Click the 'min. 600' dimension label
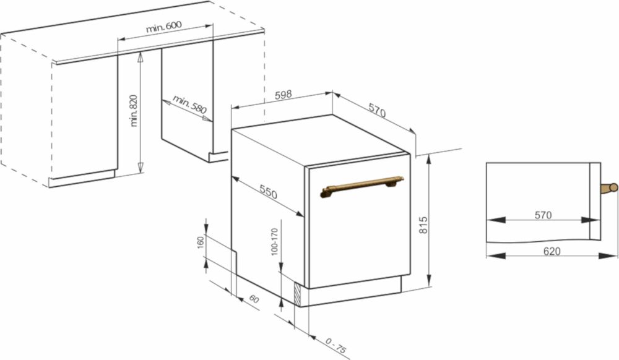(x=164, y=27)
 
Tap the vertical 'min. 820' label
(x=134, y=110)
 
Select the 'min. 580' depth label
(x=189, y=104)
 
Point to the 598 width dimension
(x=283, y=95)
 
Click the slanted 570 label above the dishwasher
(x=377, y=110)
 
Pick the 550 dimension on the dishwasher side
(x=269, y=192)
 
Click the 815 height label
(x=423, y=225)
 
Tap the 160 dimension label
(x=201, y=242)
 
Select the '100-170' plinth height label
(x=274, y=242)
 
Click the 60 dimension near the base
(x=254, y=299)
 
